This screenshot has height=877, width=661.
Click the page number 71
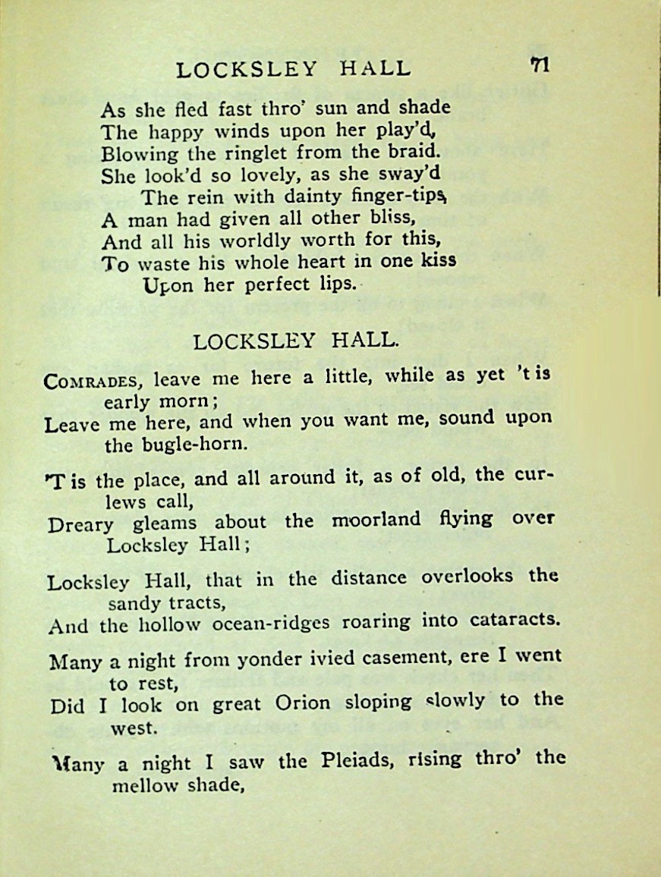540,65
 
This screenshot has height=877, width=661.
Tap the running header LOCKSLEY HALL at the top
293,69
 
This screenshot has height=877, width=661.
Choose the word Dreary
80,523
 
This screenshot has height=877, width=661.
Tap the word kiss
438,259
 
